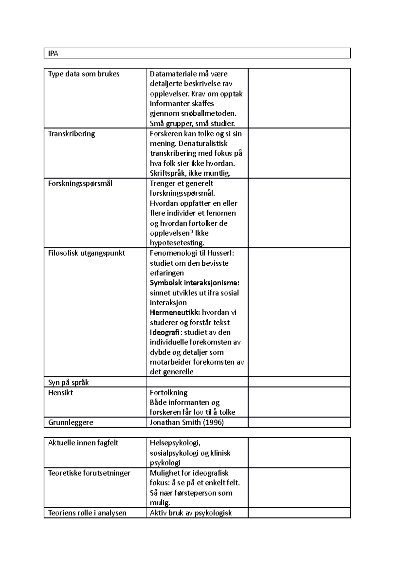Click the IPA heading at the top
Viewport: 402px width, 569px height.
point(53,53)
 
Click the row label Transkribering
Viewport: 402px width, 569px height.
point(71,134)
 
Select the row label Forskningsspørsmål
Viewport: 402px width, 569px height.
point(80,183)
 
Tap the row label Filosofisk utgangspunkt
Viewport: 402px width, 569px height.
point(86,253)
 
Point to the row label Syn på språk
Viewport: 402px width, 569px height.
point(68,382)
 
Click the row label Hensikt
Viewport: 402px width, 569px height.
point(61,392)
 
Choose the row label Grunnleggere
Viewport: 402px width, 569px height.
point(71,422)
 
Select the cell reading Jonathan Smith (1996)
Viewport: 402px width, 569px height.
point(187,422)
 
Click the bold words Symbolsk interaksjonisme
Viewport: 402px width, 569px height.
point(194,283)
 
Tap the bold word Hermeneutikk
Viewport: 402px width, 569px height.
point(175,312)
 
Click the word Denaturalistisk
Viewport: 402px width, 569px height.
point(203,143)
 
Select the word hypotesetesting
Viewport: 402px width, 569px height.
point(177,243)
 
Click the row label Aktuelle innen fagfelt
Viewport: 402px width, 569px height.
point(83,443)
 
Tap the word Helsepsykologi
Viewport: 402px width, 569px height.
point(175,443)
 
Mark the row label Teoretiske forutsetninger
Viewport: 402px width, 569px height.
point(89,473)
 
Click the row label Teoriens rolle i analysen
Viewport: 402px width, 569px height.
point(87,513)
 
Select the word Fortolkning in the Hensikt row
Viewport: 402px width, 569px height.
point(169,392)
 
